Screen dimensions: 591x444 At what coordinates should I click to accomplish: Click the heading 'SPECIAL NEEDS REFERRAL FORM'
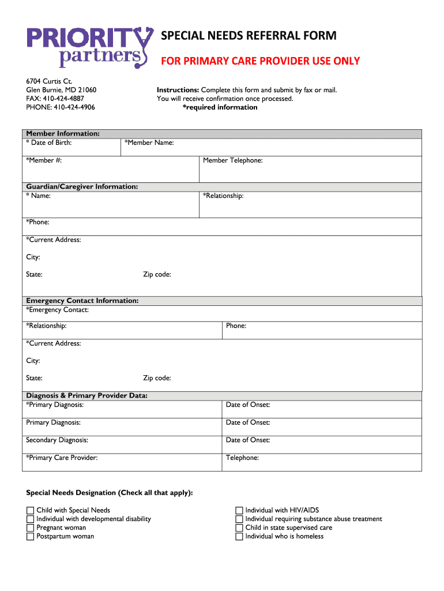click(x=249, y=36)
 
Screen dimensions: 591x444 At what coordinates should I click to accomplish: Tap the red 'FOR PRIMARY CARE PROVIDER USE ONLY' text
click(x=260, y=61)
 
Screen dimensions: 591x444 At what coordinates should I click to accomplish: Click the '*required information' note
click(x=220, y=107)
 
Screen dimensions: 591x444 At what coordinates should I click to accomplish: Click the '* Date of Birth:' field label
click(x=49, y=143)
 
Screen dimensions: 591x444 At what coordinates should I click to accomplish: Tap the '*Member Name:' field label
click(x=149, y=143)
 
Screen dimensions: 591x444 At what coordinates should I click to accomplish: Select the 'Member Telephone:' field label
click(x=233, y=160)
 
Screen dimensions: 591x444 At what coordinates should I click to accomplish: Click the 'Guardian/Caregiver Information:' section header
click(x=82, y=186)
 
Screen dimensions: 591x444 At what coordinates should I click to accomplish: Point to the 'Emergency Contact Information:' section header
click(x=82, y=301)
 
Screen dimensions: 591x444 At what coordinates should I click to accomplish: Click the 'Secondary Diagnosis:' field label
click(x=57, y=440)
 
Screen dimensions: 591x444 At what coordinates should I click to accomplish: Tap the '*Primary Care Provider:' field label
click(x=62, y=458)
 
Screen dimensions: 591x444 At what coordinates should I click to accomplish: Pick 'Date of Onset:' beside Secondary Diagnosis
click(x=248, y=440)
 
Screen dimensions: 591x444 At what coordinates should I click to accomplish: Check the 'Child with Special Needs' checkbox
click(x=30, y=510)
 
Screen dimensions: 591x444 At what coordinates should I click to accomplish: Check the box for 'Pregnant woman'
click(x=30, y=528)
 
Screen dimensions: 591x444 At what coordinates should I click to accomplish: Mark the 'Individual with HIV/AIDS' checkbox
click(x=239, y=510)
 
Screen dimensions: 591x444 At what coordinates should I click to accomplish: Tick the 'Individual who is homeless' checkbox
click(x=239, y=536)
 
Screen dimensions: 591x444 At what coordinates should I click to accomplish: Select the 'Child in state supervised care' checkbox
click(x=239, y=528)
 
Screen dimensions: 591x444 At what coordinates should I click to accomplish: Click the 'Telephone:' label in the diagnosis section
click(x=242, y=458)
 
